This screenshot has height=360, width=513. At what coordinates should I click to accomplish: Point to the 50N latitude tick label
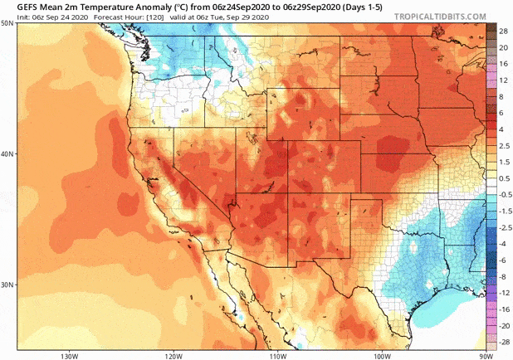pos(7,23)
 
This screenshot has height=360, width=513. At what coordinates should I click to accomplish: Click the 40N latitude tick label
pos(7,154)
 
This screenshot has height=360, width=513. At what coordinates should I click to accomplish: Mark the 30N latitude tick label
pos(7,285)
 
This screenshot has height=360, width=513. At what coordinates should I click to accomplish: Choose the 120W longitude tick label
pos(173,355)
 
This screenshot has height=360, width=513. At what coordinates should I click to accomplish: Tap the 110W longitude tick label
pos(277,355)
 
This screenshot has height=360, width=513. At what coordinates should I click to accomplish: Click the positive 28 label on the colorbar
pos(503,30)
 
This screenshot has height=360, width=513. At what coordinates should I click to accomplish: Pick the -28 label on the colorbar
pos(501,342)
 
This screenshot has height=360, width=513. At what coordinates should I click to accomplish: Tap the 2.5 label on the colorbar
pos(503,145)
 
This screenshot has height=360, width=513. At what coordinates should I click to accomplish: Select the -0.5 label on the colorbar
pos(502,193)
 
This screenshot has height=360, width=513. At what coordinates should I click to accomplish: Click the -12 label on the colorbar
pos(501,294)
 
